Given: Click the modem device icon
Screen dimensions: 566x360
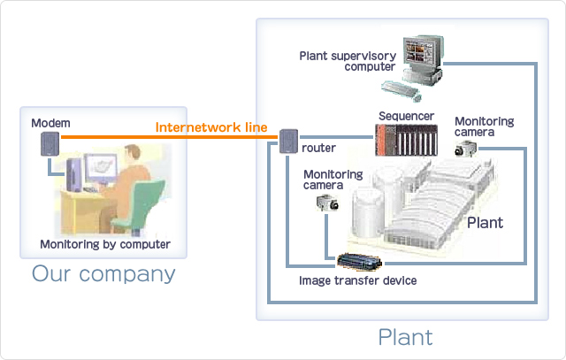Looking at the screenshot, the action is click(50, 143).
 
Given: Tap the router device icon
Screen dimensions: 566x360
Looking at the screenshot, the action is click(289, 142).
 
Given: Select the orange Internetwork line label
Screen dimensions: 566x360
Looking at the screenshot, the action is click(211, 127).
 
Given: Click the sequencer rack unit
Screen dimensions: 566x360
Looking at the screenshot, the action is click(407, 140).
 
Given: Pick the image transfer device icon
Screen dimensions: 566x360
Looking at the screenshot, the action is click(360, 262).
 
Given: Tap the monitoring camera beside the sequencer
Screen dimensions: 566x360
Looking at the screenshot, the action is click(466, 149).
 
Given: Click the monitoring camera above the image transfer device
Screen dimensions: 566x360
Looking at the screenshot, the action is click(327, 203).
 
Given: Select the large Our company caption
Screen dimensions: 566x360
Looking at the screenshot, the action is click(103, 273).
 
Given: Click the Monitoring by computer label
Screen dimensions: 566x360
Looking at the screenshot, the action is click(105, 244).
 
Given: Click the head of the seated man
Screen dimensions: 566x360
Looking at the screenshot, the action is click(133, 154).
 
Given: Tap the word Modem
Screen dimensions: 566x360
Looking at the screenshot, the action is click(50, 123).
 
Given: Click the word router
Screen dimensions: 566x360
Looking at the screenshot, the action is click(318, 148).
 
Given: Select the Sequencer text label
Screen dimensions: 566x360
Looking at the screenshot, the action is click(406, 116).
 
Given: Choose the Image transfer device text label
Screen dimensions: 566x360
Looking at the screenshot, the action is click(357, 280).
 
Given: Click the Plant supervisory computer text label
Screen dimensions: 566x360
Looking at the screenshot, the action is click(348, 61).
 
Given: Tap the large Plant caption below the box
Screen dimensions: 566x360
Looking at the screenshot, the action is click(405, 337).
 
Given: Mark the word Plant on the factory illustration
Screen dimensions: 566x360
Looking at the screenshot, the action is click(485, 223).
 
